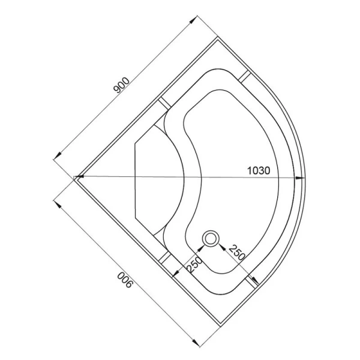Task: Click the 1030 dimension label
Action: tap(259, 170)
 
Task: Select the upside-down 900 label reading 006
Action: tap(125, 281)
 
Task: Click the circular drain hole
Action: tap(211, 239)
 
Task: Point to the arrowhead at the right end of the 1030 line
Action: tap(300, 178)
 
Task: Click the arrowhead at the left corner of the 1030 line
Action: tap(79, 177)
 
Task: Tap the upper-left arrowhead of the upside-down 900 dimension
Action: tap(58, 201)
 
